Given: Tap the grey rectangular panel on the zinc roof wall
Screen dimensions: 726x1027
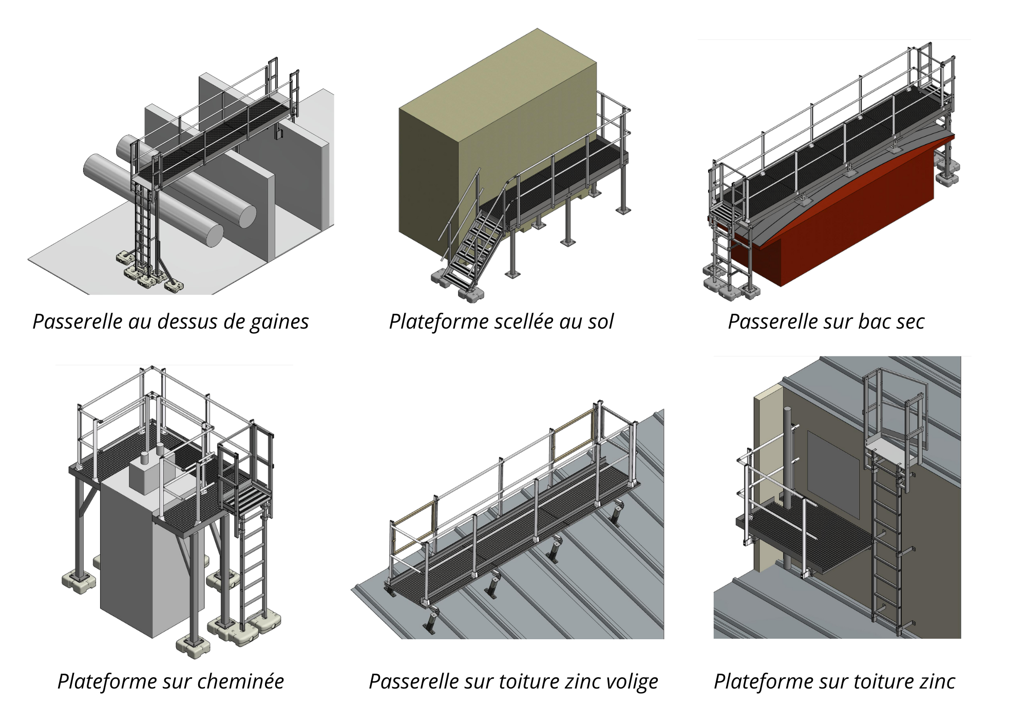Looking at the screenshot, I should [x=833, y=472].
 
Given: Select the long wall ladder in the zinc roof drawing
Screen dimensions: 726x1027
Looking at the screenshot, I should [x=887, y=555].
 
